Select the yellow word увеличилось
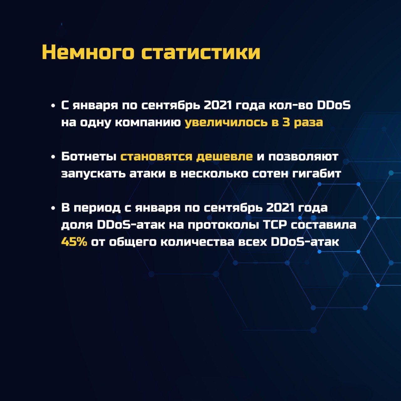tap(226, 122)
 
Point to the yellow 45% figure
tap(74, 242)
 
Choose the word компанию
tap(148, 122)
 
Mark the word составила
tap(324, 226)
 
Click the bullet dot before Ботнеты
tap(53, 157)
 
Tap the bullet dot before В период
tap(53, 208)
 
